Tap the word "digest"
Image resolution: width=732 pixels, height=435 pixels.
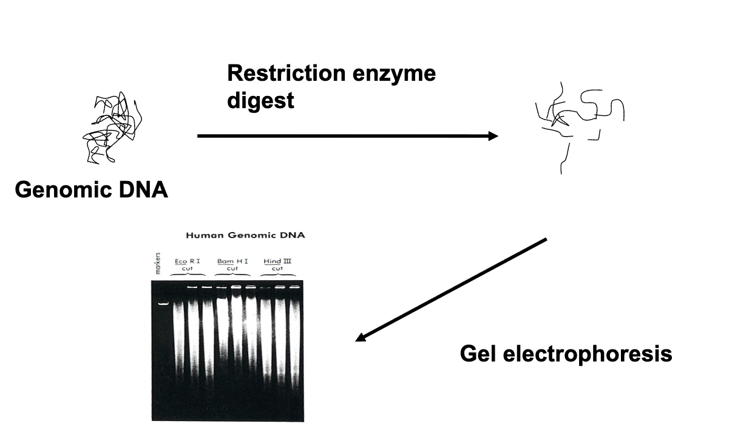click(260, 100)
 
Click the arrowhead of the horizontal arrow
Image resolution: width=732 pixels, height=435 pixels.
click(492, 136)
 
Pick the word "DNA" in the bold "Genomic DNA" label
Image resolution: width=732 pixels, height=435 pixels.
click(143, 190)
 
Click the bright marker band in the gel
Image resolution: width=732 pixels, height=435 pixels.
click(163, 303)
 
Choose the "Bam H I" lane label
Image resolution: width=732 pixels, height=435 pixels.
click(232, 261)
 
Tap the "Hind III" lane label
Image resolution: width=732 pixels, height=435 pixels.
click(277, 261)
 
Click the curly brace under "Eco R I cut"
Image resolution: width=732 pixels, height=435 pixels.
click(189, 275)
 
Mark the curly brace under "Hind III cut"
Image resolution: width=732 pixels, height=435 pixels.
click(277, 275)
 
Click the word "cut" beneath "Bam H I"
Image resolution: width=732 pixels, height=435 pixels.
click(232, 269)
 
